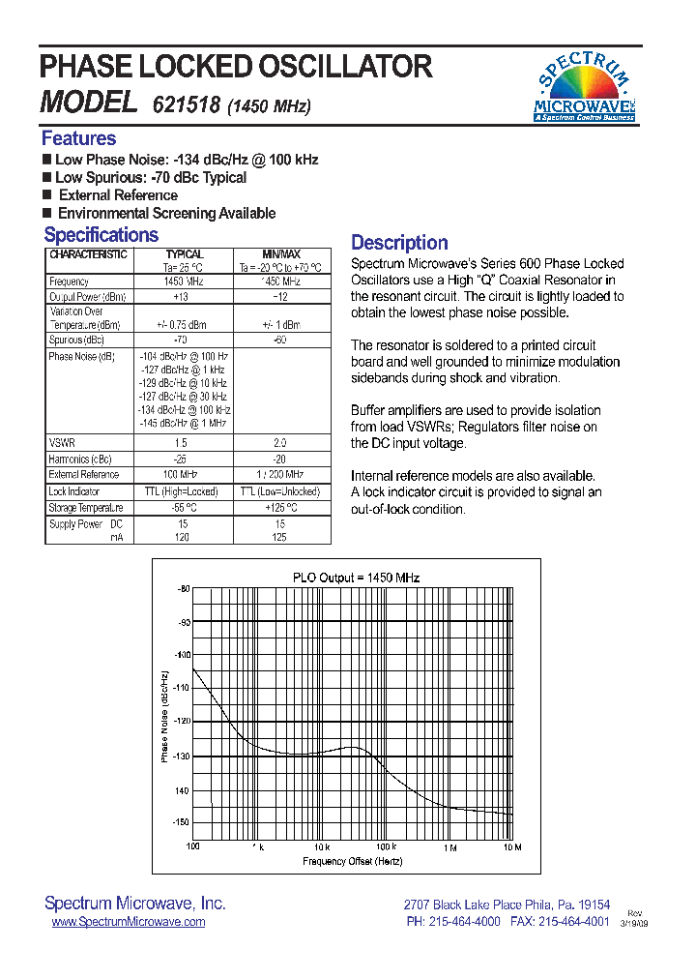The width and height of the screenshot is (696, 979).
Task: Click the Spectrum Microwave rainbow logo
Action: coord(584,88)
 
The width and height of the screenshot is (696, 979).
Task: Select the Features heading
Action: coord(78,138)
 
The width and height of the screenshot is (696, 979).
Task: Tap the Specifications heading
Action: coord(101,235)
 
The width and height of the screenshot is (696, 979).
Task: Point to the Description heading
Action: coord(399,243)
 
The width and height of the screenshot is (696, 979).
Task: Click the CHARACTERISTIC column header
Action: coord(88,254)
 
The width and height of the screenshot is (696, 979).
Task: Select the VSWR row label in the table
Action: coord(62,442)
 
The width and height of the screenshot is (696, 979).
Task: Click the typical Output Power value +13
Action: coord(181,297)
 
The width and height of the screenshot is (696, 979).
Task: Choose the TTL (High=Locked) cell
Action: coord(181,491)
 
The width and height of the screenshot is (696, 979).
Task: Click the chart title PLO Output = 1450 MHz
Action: coord(357,578)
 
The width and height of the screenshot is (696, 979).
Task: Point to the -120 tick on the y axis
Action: coord(182,722)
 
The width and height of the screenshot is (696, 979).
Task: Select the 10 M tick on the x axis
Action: coord(512,847)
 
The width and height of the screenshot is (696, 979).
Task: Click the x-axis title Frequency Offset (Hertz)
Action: coord(353,861)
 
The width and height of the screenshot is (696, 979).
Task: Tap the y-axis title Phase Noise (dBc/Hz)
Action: coord(164,717)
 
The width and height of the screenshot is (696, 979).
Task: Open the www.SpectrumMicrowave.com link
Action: coord(128,922)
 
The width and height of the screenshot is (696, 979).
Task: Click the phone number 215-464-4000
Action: coord(463,922)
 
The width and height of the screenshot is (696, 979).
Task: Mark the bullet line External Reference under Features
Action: coord(118,195)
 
